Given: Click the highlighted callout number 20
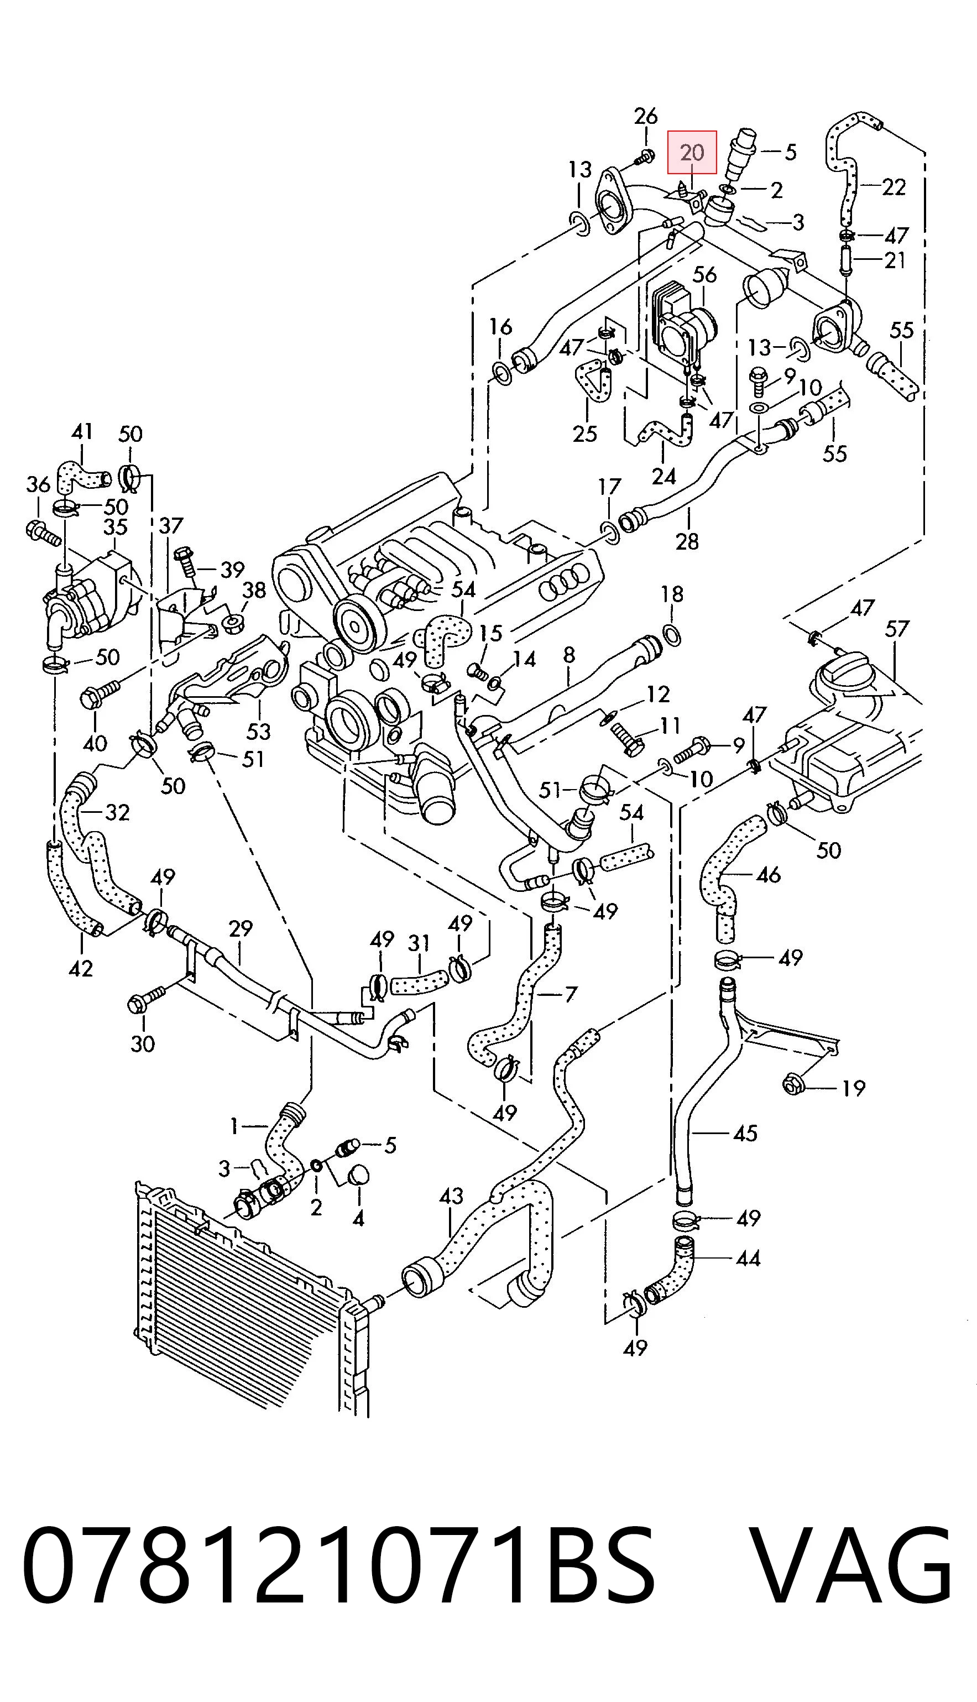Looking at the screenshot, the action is coord(692,152).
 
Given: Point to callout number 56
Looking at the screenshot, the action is coord(704,274).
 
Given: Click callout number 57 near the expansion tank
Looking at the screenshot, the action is coord(896,629).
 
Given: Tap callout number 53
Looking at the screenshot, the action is coord(258,730).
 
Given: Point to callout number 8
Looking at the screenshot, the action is coord(569,654).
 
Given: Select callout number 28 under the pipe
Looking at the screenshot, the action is coord(688,540).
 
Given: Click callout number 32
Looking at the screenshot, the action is coord(117,812).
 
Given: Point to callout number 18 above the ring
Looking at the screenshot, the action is coord(672,594).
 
